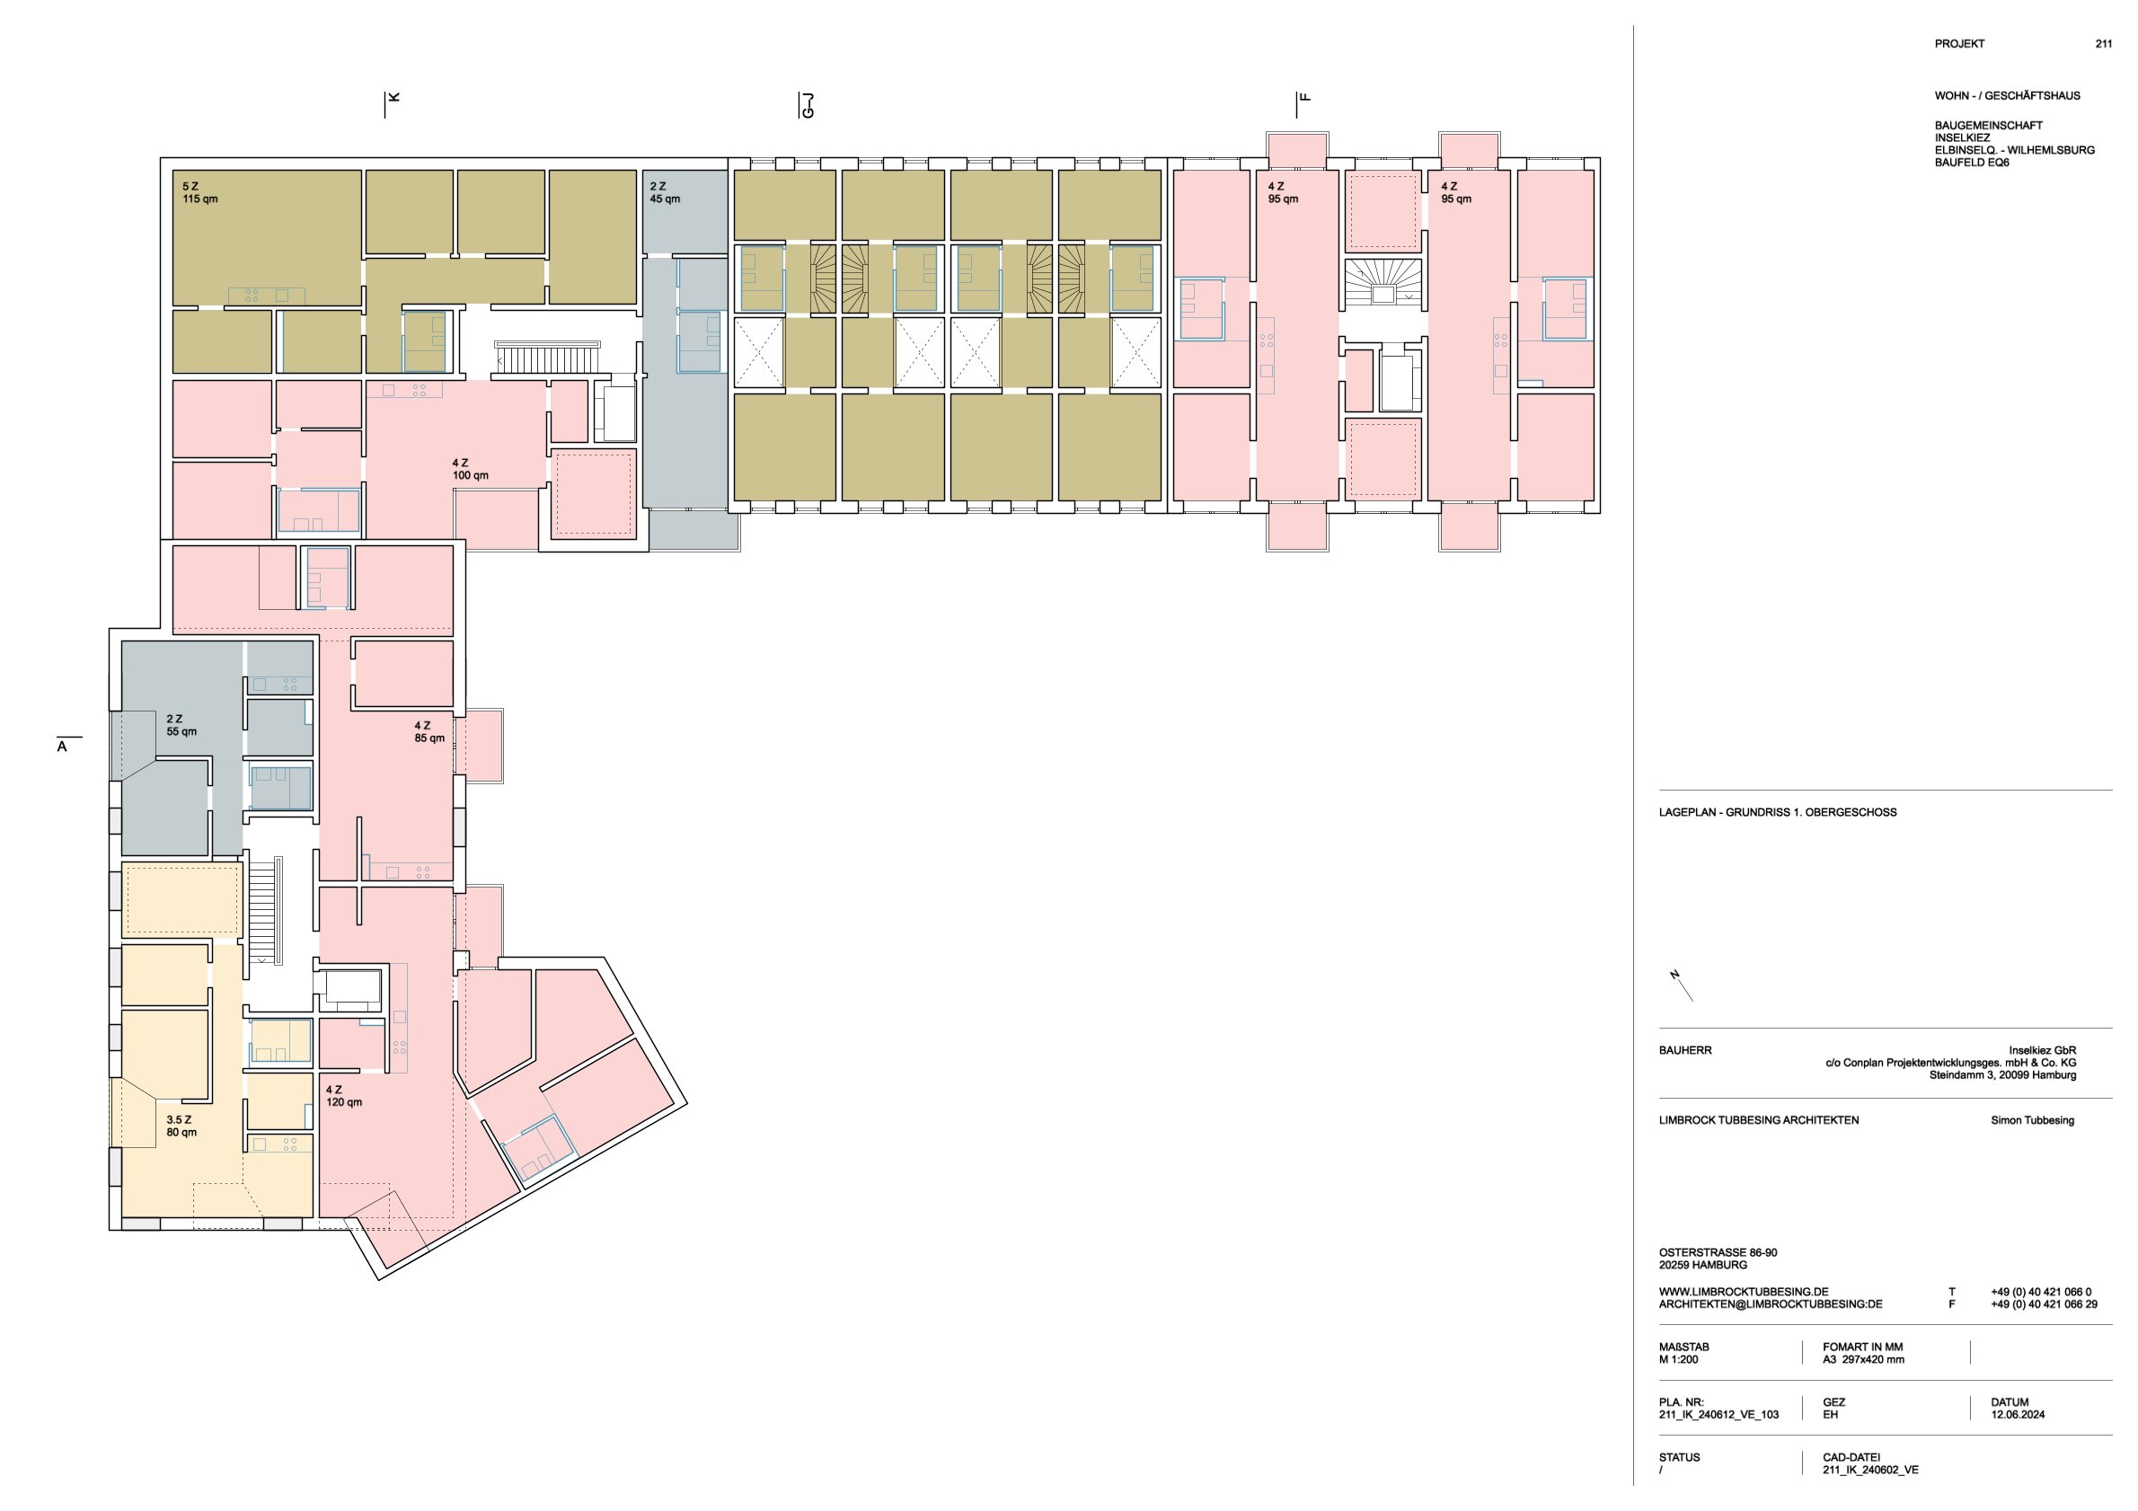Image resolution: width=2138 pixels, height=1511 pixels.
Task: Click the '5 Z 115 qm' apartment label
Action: click(x=199, y=193)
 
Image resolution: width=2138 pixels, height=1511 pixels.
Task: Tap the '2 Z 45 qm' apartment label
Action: click(x=665, y=193)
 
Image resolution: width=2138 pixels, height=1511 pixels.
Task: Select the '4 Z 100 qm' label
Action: click(x=470, y=469)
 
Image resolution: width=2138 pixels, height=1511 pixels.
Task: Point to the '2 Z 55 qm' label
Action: click(x=181, y=725)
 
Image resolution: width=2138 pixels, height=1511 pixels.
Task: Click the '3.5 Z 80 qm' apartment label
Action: click(x=181, y=1127)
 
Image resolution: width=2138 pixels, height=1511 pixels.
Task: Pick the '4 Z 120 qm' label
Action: click(x=343, y=1096)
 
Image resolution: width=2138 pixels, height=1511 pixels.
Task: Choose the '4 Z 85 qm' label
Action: click(x=429, y=732)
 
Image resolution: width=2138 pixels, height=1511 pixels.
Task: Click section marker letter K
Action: click(x=393, y=97)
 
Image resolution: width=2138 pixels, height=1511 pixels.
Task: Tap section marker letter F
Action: click(x=1304, y=97)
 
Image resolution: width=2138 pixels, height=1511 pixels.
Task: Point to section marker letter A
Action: click(x=62, y=747)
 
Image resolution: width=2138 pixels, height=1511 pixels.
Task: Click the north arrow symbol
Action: click(x=1681, y=984)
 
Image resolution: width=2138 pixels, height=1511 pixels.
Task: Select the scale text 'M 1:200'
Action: click(x=1678, y=1359)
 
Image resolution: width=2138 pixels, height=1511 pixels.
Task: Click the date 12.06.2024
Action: click(x=2018, y=1414)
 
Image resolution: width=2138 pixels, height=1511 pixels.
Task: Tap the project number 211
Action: click(x=2104, y=44)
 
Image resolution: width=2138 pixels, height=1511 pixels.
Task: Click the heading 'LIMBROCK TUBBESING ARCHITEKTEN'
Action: click(x=1759, y=1120)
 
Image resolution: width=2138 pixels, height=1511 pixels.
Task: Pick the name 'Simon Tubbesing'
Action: click(x=2033, y=1120)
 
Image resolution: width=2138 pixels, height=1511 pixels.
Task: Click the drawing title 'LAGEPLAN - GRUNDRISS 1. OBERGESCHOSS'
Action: click(x=1778, y=812)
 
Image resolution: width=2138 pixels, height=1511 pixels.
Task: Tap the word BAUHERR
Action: click(x=1685, y=1050)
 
